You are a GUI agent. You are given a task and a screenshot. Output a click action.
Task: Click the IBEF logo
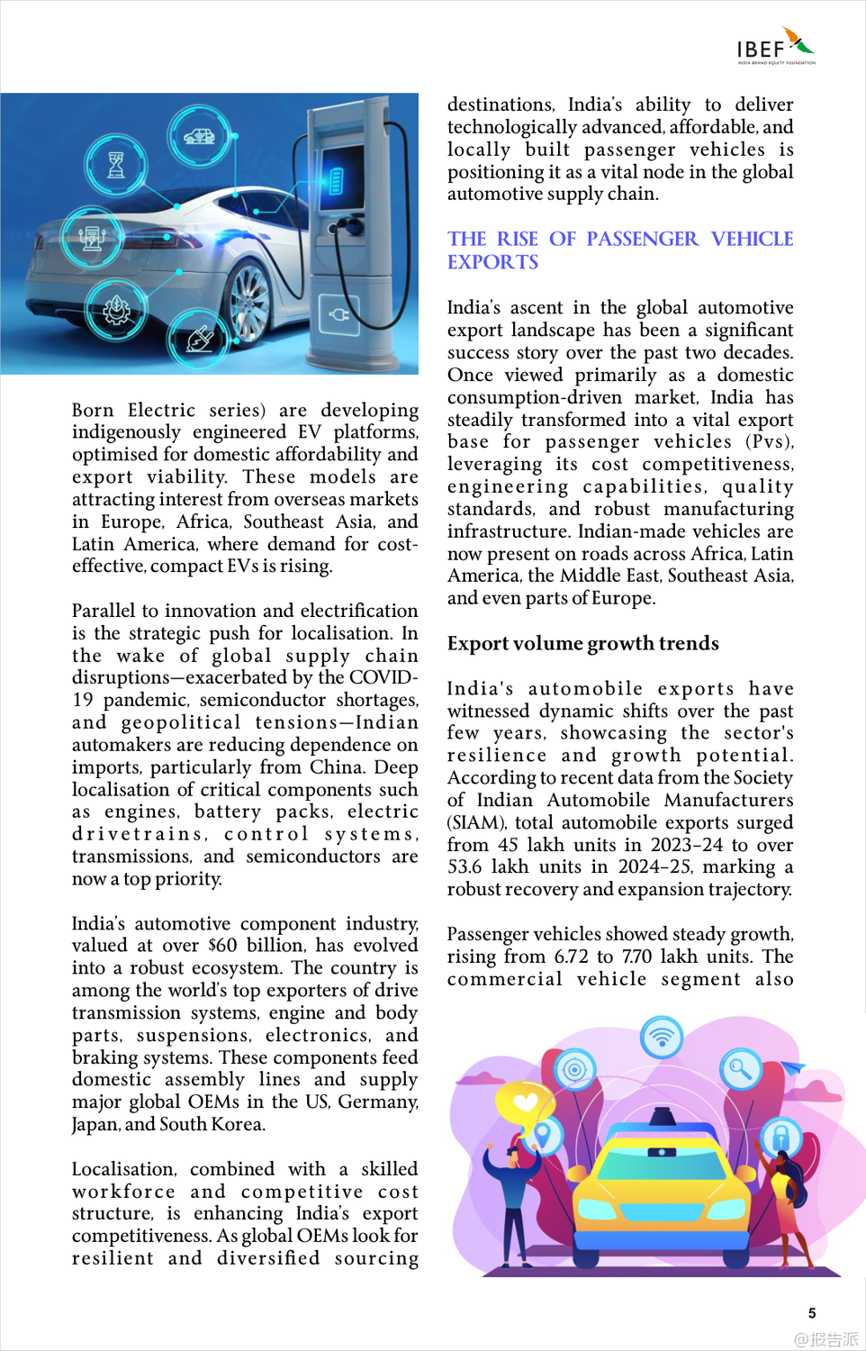coord(775,47)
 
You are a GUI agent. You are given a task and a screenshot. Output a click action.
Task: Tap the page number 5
coord(812,1313)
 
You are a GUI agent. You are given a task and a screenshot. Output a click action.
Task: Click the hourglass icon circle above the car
coord(116,166)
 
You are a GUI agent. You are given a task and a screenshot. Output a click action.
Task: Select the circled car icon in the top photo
coord(199,136)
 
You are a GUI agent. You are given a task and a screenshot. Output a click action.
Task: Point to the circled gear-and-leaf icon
coord(115,310)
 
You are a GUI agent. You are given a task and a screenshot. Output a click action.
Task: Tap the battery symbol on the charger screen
coord(337,180)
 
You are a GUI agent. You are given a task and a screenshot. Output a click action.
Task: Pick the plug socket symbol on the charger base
coord(338,314)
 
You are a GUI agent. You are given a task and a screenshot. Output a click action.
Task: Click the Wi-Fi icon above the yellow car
coord(662,1036)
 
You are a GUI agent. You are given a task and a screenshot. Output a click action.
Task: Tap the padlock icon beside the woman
coord(780,1136)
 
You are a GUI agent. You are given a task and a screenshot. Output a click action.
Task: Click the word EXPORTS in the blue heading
coord(492,262)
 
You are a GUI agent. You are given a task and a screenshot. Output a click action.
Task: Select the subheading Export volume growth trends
coord(582,643)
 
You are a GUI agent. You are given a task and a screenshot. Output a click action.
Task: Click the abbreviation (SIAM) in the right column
coord(476,822)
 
